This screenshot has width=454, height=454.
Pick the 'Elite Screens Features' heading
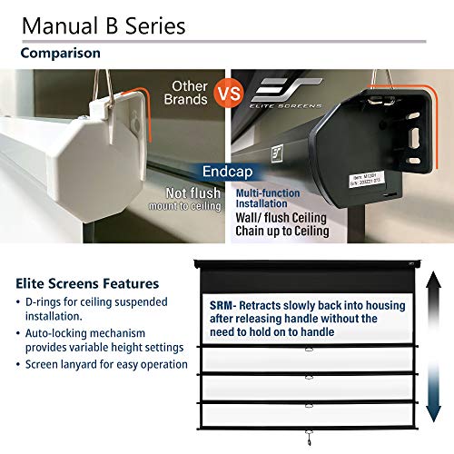tap(88, 283)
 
